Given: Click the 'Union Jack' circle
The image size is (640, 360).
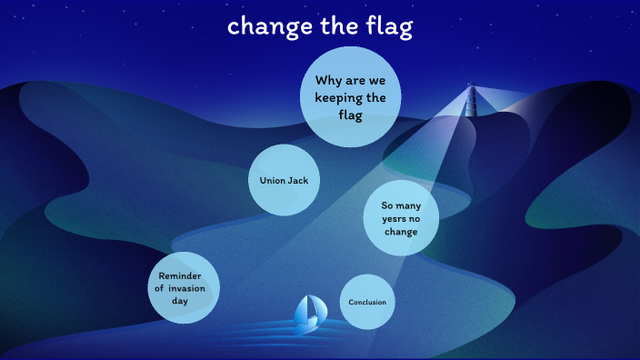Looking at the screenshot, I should (284, 180).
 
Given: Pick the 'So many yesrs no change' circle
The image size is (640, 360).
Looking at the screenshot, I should (400, 218).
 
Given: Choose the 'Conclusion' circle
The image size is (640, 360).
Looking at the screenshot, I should (367, 302).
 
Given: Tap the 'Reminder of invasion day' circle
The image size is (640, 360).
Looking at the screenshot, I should (185, 287).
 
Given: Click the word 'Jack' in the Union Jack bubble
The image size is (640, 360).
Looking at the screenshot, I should (298, 180).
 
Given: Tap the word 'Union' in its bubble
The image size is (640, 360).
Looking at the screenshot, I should (272, 180).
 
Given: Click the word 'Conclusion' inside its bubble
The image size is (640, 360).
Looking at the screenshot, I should (367, 302).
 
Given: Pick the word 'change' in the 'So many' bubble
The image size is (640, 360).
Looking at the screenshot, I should (400, 231).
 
